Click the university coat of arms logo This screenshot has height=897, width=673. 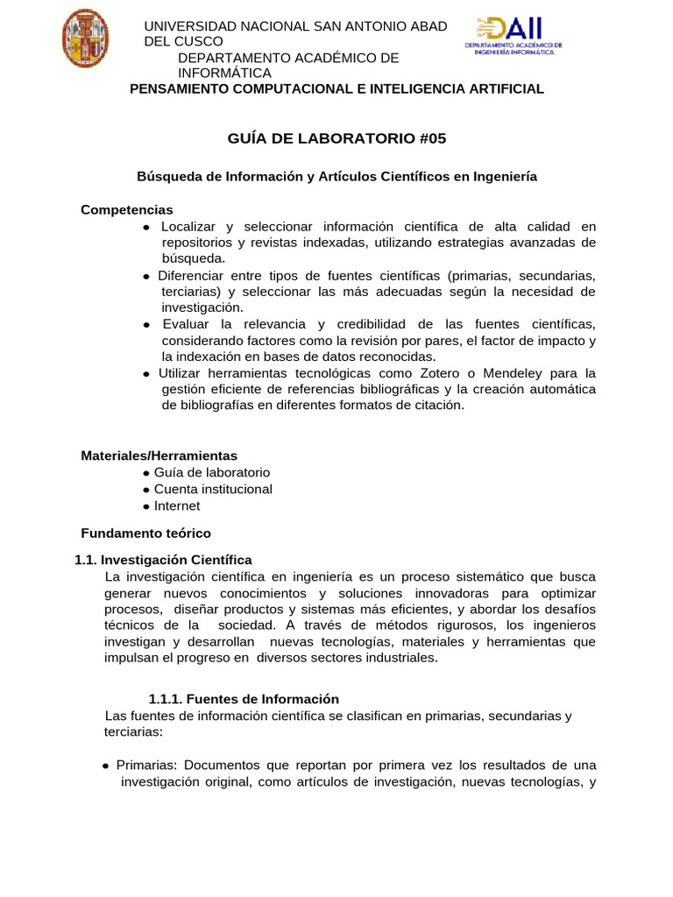85,38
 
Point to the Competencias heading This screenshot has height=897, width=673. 127,210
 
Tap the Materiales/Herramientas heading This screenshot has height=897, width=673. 159,456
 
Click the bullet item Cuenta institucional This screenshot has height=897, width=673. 213,489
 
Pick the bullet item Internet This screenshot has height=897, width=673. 177,505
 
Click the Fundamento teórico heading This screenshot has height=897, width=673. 145,533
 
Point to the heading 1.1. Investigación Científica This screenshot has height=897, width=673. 163,560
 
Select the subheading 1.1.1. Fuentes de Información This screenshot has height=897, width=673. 244,699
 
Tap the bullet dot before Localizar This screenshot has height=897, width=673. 146,228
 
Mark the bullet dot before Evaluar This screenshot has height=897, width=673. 146,325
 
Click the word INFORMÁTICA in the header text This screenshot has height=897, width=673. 224,73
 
